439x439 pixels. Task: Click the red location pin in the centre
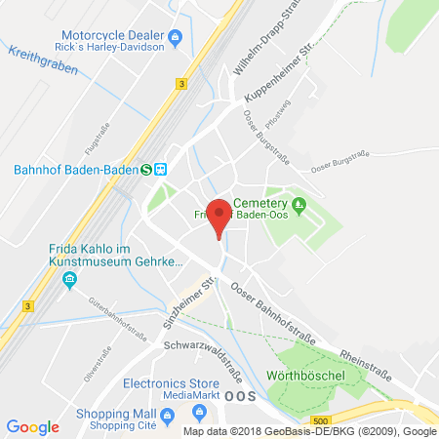[x=220, y=217]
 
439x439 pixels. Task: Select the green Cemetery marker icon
[x=299, y=204]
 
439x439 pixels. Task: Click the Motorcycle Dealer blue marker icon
[x=175, y=38]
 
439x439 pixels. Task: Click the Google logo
[x=32, y=426]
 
